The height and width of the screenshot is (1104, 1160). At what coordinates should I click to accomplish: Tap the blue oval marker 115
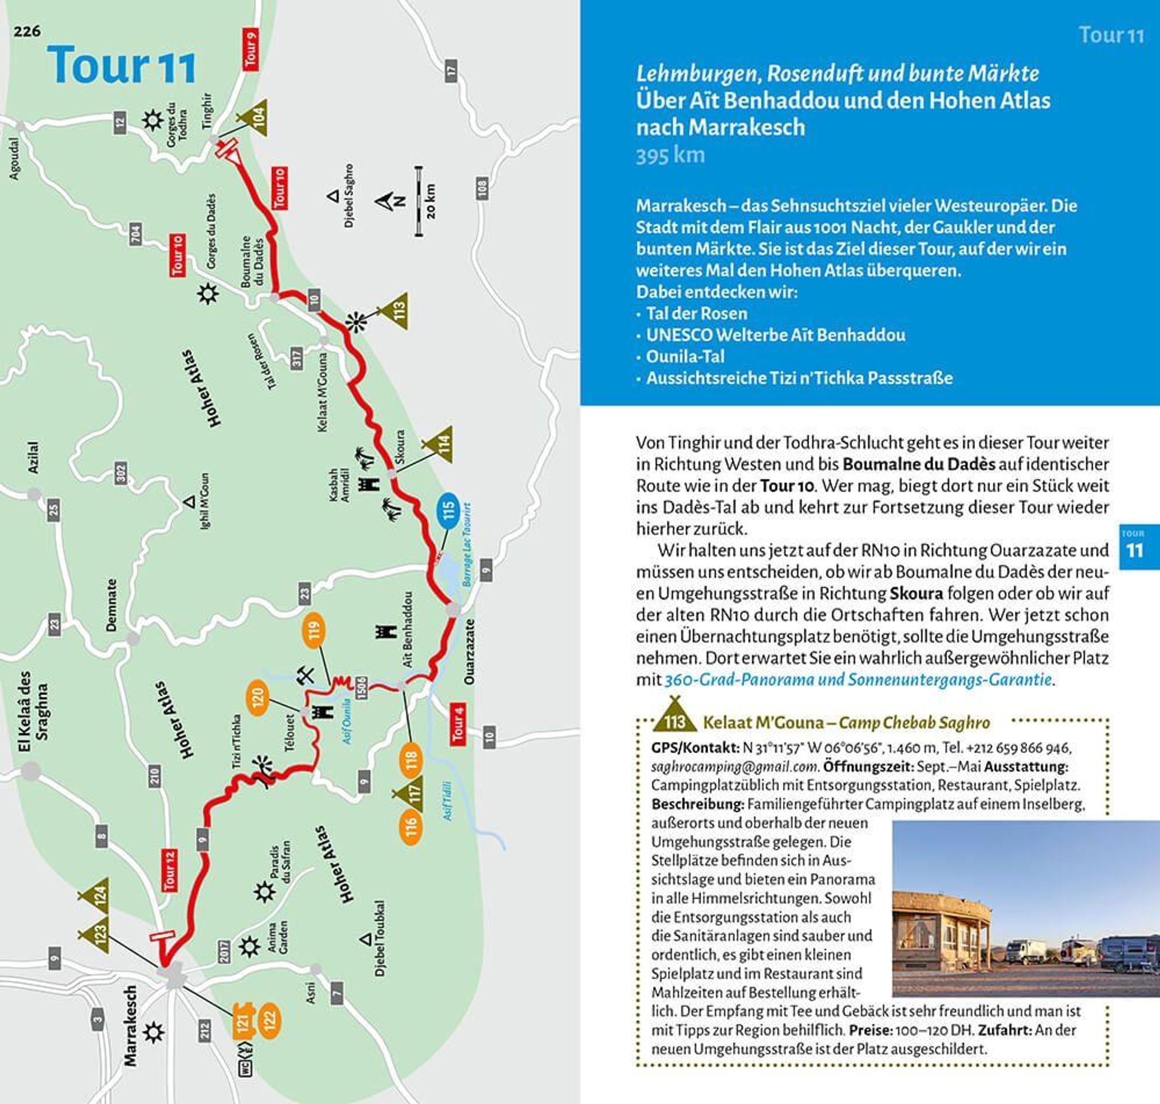click(449, 510)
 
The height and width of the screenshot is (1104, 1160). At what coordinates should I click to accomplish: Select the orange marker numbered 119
click(314, 630)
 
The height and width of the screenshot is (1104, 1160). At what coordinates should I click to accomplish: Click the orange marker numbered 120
click(257, 698)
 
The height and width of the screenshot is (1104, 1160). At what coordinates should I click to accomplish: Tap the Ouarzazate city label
click(469, 651)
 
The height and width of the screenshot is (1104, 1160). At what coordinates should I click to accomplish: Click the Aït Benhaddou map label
click(407, 629)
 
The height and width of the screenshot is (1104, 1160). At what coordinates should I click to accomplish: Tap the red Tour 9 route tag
click(250, 49)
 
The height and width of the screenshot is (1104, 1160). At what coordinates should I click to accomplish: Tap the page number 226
click(28, 31)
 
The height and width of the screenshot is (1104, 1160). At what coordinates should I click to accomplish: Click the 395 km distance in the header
click(669, 156)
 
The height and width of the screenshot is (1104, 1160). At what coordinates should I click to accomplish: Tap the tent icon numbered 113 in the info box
click(675, 719)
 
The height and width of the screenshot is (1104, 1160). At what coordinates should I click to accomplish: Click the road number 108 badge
click(482, 189)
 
